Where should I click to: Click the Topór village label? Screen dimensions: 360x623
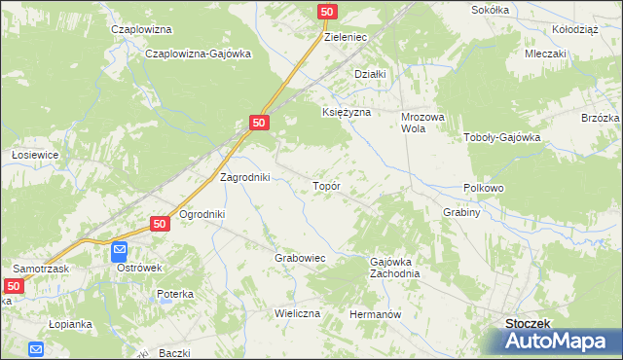coord(324,184)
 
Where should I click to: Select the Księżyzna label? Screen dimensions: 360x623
coord(347,112)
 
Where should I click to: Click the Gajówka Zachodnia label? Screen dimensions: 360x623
coord(394,268)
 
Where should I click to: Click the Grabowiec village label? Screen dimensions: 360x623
coord(299,258)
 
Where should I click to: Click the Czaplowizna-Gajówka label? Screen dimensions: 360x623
coord(198,54)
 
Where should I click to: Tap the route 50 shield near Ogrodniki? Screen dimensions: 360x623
coord(162,224)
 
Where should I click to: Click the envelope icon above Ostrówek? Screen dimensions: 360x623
coord(119,250)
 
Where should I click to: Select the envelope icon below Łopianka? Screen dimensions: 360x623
coord(36,349)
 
